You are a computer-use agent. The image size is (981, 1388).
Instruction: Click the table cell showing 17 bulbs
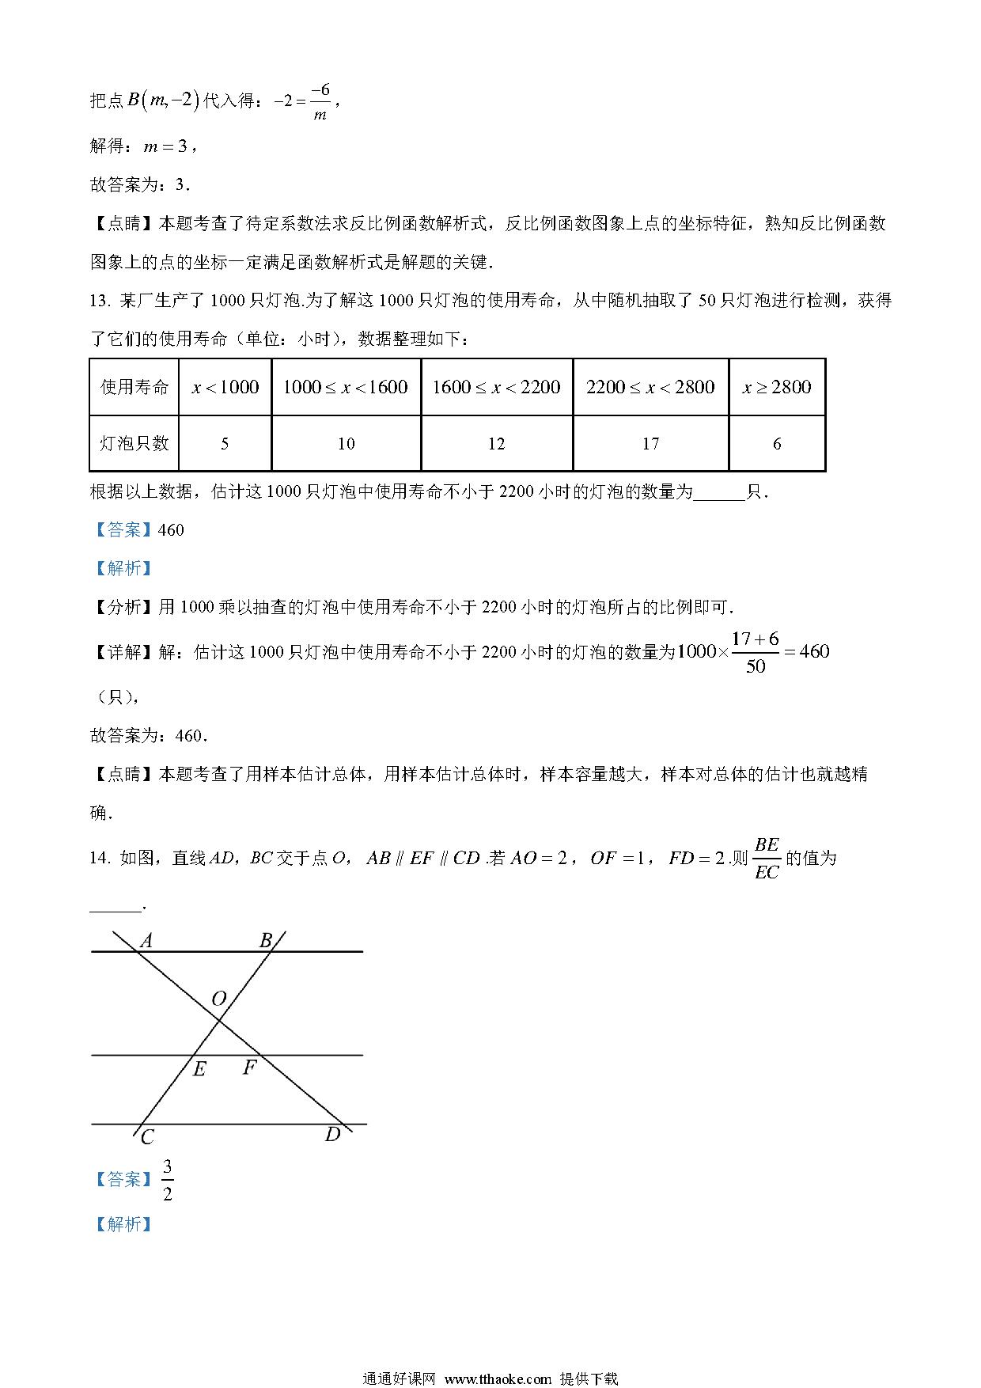click(x=650, y=444)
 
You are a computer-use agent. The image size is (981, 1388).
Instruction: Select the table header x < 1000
click(x=225, y=387)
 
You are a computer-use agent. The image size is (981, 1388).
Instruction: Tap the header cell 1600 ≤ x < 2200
click(x=496, y=387)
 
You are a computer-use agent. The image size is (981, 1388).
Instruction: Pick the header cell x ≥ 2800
click(x=777, y=387)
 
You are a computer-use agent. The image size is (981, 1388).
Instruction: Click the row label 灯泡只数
click(x=134, y=444)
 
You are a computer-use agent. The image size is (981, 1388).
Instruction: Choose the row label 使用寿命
click(x=134, y=387)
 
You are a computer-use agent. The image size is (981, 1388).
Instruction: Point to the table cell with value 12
click(x=496, y=444)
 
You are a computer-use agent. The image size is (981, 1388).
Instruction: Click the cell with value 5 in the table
click(x=225, y=444)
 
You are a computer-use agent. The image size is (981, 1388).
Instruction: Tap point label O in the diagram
click(x=219, y=999)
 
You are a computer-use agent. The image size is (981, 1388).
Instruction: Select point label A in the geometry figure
click(x=146, y=941)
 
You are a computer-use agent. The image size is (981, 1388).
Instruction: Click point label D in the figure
click(x=332, y=1135)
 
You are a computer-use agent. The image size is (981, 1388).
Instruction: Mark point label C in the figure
click(x=147, y=1138)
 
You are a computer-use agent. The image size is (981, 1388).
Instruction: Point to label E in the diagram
click(x=199, y=1070)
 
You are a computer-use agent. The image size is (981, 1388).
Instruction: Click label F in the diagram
click(x=249, y=1068)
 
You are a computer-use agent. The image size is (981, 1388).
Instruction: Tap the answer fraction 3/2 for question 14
click(x=167, y=1180)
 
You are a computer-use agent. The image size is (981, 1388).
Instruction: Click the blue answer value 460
click(x=171, y=530)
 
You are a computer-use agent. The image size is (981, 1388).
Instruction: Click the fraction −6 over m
click(x=320, y=101)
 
